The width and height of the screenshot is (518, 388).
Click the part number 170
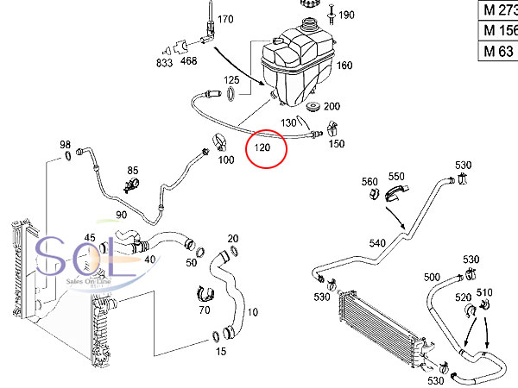click(x=225, y=18)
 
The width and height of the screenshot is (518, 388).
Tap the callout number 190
click(x=346, y=15)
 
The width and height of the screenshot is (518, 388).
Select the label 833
click(x=164, y=62)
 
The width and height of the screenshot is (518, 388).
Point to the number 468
click(x=188, y=62)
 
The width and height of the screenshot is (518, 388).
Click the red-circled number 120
click(x=262, y=149)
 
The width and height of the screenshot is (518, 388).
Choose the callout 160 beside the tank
click(x=344, y=66)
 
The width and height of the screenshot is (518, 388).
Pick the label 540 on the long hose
click(x=377, y=243)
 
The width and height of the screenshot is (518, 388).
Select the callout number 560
click(x=370, y=181)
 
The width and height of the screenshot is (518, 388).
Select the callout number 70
click(x=205, y=309)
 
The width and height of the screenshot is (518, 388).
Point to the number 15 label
click(x=220, y=351)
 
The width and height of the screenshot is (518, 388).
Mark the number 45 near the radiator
click(x=90, y=238)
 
